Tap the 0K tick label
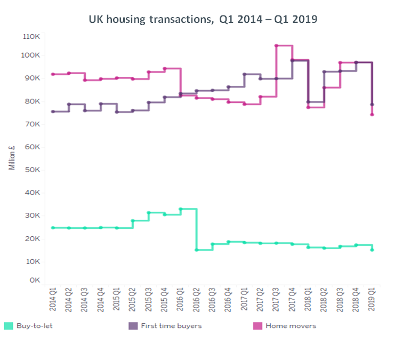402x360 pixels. pos(35,279)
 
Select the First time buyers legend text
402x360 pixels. pos(171,325)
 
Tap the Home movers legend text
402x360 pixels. pos(291,325)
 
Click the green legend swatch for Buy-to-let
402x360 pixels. pos(9,325)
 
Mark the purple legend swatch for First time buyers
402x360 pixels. pos(134,325)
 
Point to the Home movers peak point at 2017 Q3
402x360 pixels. pos(276,46)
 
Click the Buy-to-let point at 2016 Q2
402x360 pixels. pos(196,250)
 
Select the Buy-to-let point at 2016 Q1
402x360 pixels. pos(181,209)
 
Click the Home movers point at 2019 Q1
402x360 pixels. pos(372,114)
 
